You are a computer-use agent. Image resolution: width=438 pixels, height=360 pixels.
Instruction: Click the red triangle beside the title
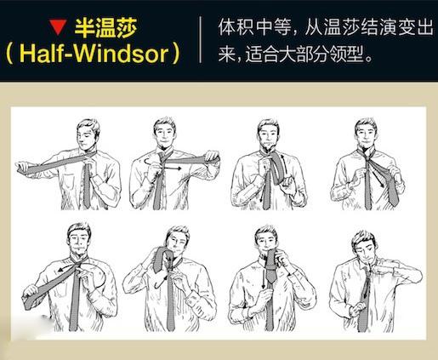tap(58, 27)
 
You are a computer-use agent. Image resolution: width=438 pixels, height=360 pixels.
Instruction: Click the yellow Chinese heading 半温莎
tap(106, 27)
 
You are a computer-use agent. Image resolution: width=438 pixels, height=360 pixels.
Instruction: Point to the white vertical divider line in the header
tap(201, 39)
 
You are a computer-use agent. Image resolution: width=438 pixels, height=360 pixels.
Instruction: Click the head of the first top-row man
tap(88, 134)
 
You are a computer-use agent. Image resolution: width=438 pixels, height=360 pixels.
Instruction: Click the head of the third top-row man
tap(268, 134)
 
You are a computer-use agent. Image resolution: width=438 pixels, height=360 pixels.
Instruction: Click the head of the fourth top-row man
tap(367, 134)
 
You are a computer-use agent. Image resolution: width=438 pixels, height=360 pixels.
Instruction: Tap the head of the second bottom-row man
tap(178, 241)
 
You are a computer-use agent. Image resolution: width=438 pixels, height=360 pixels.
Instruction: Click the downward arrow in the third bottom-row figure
tap(264, 279)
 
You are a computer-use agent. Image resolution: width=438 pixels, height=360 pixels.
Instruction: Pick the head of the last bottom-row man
tap(364, 246)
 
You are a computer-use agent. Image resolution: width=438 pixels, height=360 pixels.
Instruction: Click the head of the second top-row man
tap(165, 134)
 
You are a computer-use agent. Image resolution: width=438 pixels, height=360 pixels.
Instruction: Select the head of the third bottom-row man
tap(266, 240)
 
